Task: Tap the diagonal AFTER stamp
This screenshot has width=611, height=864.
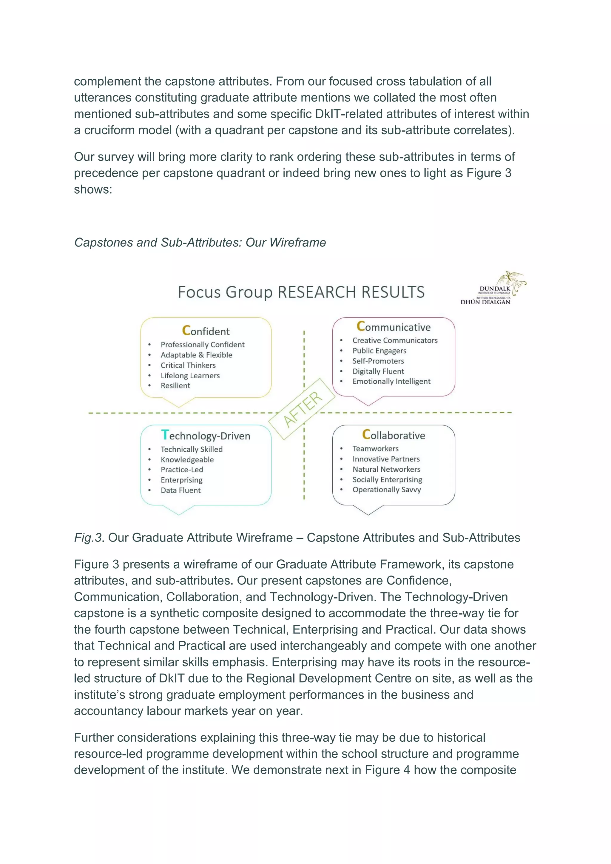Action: click(x=302, y=409)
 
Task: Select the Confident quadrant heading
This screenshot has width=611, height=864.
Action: click(x=206, y=331)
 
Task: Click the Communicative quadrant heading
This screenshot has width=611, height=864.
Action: click(x=394, y=327)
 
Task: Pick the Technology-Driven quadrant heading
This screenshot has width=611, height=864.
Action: click(x=206, y=435)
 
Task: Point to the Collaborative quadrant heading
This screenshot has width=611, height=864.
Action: click(x=394, y=435)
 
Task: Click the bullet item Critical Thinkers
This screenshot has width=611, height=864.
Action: click(x=188, y=365)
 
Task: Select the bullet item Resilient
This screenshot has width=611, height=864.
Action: click(x=175, y=385)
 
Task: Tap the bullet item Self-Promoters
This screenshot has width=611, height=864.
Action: click(x=378, y=361)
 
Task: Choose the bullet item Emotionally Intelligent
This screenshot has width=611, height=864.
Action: click(x=391, y=381)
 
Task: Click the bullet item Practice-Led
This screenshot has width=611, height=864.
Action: click(x=182, y=470)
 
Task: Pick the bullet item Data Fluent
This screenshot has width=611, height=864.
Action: click(x=180, y=490)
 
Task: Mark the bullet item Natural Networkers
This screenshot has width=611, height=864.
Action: click(x=386, y=469)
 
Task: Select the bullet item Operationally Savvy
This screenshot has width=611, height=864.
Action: click(x=386, y=490)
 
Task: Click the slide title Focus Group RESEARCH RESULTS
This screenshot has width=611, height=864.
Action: click(x=301, y=292)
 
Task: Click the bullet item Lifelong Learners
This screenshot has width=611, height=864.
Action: click(x=190, y=376)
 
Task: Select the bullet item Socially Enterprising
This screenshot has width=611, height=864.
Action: click(x=387, y=479)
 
